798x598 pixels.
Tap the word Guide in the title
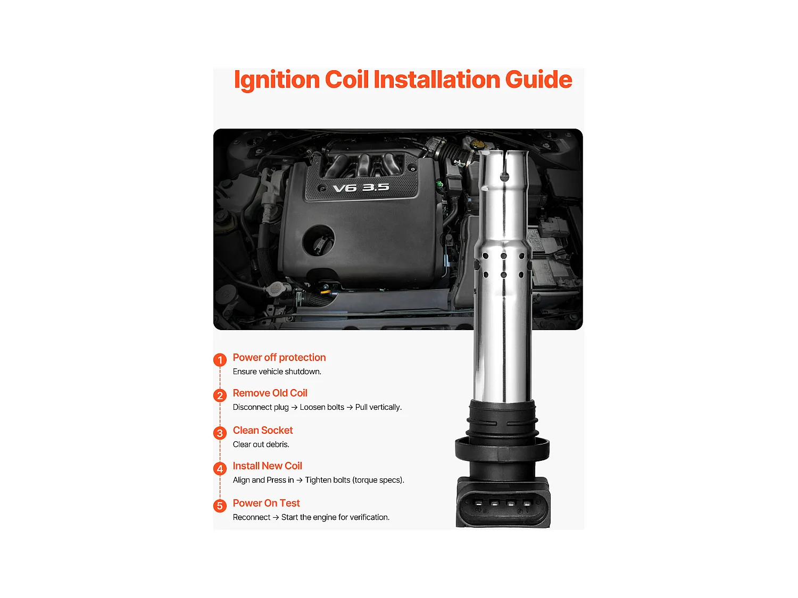[x=538, y=80]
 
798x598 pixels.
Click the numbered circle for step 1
[x=220, y=360]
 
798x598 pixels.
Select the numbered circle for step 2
[x=220, y=396]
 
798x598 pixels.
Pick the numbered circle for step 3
[x=220, y=433]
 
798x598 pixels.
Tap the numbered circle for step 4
[x=220, y=469]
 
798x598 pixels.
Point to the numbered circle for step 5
[x=220, y=506]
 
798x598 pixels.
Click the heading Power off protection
[x=279, y=358]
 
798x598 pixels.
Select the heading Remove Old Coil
[x=270, y=393]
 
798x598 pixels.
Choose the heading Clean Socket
[x=263, y=431]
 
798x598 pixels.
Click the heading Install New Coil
[x=267, y=466]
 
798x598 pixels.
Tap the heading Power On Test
[x=266, y=503]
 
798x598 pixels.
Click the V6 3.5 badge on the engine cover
[x=361, y=188]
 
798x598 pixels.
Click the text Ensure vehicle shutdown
[x=277, y=372]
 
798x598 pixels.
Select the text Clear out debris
[x=261, y=444]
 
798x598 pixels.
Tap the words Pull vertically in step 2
[x=378, y=407]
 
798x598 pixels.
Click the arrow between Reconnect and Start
[x=276, y=517]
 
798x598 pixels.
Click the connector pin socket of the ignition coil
[x=503, y=503]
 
